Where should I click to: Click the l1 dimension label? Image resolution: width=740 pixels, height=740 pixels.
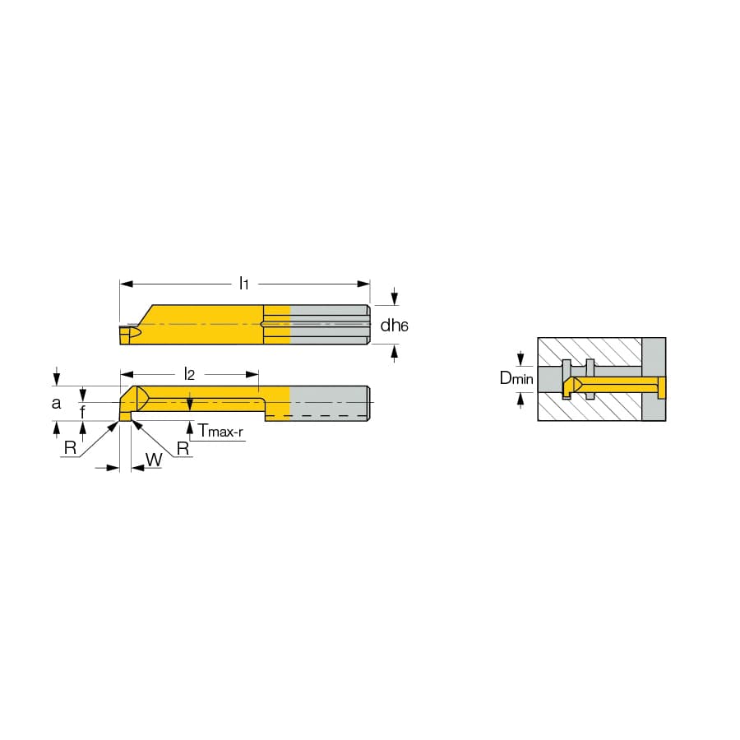[x=243, y=284]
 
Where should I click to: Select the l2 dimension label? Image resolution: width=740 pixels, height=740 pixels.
[x=189, y=374]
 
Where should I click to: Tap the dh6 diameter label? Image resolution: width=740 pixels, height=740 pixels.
[x=394, y=325]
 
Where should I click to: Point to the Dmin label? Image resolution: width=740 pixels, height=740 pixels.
[x=516, y=378]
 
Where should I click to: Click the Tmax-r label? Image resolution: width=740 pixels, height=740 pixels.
[x=220, y=430]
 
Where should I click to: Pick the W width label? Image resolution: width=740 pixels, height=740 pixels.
[x=154, y=459]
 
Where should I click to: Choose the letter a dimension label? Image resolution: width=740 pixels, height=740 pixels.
[x=56, y=403]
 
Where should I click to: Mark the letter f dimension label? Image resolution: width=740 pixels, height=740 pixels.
[x=83, y=412]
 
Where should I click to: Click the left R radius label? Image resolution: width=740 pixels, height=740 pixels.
[x=71, y=447]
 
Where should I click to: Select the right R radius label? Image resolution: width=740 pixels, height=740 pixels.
[x=183, y=448]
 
